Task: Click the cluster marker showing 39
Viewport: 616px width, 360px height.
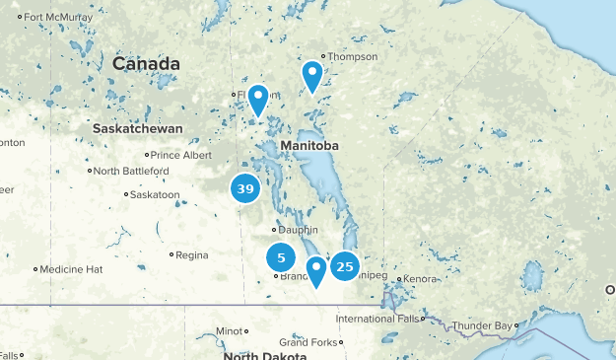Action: coord(245,188)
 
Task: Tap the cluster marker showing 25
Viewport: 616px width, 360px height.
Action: coord(344,265)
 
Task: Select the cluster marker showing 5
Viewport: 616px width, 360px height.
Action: coord(281,258)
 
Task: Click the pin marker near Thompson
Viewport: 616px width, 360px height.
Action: coord(312,75)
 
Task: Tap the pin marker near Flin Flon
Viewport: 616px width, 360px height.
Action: coord(258,99)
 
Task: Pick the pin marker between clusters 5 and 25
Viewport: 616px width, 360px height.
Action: coord(316,269)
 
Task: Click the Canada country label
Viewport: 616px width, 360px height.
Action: coord(146,64)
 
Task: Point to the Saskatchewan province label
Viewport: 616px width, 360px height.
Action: coord(138,129)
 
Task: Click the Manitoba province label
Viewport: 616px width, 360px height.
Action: coord(309,146)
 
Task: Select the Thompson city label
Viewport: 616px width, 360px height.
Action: coord(353,56)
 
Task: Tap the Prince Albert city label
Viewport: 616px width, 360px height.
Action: coord(180,155)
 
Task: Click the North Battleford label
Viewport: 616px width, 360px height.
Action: coord(132,172)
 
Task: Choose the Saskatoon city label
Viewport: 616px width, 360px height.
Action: coord(156,194)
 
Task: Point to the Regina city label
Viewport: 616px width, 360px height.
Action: coord(191,255)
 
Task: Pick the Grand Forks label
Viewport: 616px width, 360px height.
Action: coord(308,342)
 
